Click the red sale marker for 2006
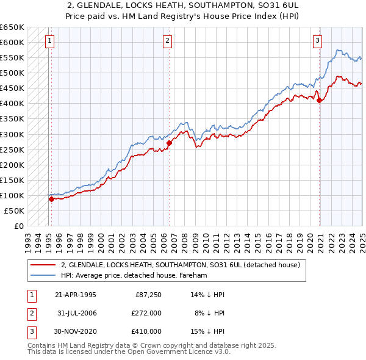click(x=169, y=143)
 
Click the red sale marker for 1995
click(x=51, y=199)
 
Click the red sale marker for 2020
click(x=320, y=101)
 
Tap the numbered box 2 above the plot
click(x=167, y=41)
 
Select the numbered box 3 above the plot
click(x=318, y=41)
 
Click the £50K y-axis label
click(x=14, y=211)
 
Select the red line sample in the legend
click(x=42, y=265)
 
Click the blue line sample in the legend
click(x=42, y=275)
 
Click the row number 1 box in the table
click(x=30, y=295)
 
